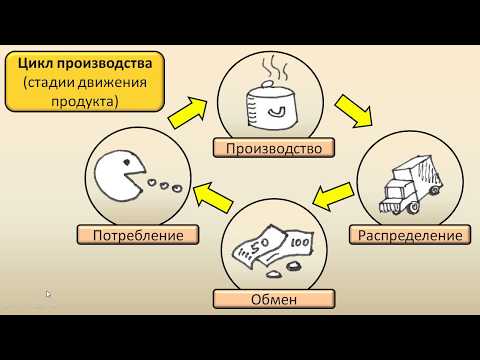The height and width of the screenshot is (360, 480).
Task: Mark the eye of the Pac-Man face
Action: click(123, 166)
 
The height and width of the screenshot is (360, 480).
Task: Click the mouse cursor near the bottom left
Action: click(49, 295)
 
